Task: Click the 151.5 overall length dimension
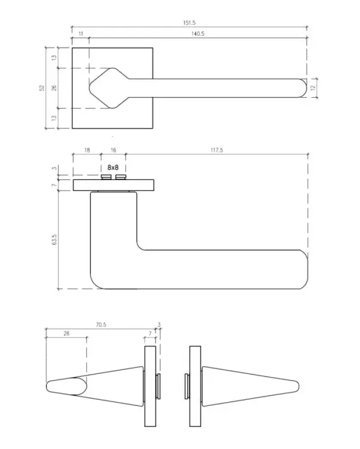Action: (x=189, y=23)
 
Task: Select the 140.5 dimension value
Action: (x=198, y=34)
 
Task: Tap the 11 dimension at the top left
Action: (x=80, y=34)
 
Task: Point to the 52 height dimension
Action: (x=42, y=88)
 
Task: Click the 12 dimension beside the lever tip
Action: (x=313, y=88)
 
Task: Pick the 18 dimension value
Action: (x=87, y=150)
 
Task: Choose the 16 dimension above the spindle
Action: (x=113, y=150)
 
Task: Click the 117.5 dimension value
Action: (x=217, y=150)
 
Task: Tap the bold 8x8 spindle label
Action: (x=113, y=167)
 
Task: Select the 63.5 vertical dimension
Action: (x=55, y=240)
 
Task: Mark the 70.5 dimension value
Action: (x=101, y=325)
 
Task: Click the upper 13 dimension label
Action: (x=54, y=58)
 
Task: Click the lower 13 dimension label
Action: (x=54, y=118)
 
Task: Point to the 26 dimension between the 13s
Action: (x=54, y=88)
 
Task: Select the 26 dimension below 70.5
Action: (x=67, y=334)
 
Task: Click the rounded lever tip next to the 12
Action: (x=303, y=88)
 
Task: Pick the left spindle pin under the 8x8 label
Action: (x=106, y=176)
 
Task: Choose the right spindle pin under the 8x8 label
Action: (x=121, y=176)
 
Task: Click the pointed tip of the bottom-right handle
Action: (x=298, y=387)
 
